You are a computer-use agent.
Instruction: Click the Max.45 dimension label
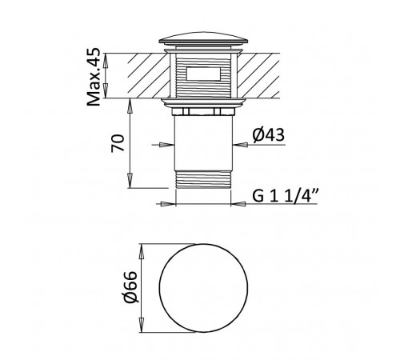tap(94, 77)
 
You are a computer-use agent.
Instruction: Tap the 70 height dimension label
tap(118, 143)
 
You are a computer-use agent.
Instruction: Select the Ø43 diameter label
tap(269, 135)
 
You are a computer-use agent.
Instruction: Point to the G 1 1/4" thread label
tap(286, 196)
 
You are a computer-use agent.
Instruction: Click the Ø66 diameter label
tap(131, 287)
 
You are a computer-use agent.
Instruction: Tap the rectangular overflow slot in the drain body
tap(203, 74)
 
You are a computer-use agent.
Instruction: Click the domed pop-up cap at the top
tap(203, 38)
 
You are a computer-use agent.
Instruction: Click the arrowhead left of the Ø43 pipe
tap(166, 145)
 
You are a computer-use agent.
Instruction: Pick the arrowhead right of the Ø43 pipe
tap(240, 145)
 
